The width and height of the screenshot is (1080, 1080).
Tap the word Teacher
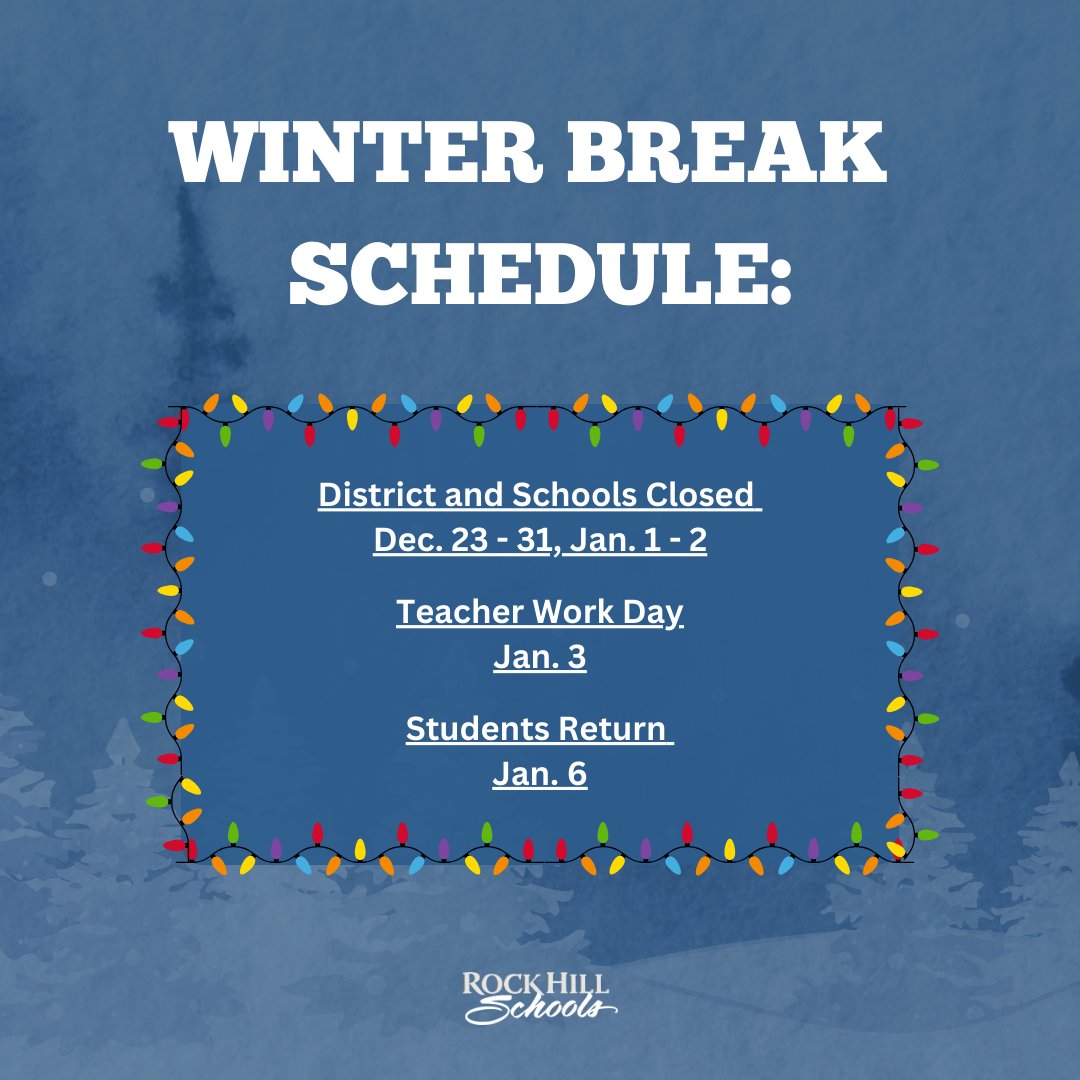pos(458,612)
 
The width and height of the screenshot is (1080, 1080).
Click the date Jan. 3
pos(539,659)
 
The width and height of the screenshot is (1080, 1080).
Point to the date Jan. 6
pos(539,776)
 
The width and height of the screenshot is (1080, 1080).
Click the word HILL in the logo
pos(579,983)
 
